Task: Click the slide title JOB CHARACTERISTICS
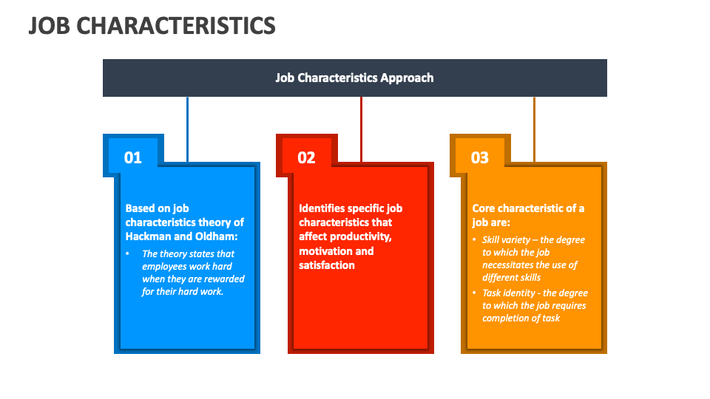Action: coord(152,25)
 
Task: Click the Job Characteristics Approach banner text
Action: coord(354,78)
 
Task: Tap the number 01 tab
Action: coord(133,157)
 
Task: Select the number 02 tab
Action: coord(306,157)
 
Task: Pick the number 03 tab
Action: coord(480,157)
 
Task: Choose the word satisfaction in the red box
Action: coord(327,265)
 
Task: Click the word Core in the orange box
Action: coord(485,208)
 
